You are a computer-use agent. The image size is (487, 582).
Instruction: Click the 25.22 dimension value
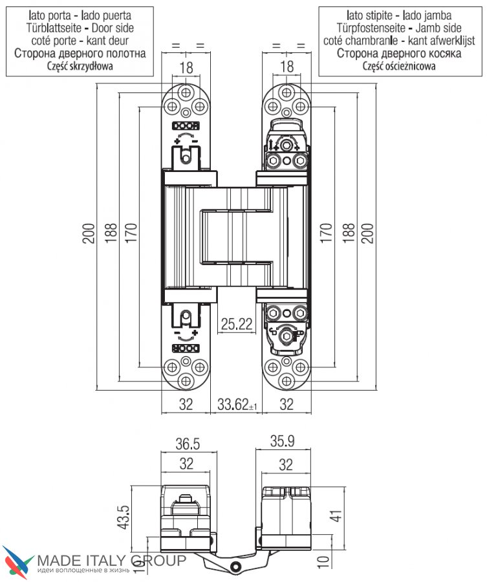point(237,324)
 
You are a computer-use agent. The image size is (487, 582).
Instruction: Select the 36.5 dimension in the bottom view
point(188,444)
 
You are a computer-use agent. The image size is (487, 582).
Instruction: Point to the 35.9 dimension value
point(282,441)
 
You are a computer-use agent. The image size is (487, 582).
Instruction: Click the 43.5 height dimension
point(124,517)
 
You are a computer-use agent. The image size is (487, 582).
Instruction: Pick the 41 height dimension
point(336,516)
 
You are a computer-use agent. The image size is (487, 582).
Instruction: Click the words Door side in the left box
point(113,28)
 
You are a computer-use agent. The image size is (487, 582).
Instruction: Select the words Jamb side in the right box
point(438,28)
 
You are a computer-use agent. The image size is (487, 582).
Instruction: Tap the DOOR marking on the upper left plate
point(186,126)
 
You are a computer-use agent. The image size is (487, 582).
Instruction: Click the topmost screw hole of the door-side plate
point(186,92)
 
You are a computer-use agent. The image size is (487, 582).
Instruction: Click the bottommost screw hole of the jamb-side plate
point(287,381)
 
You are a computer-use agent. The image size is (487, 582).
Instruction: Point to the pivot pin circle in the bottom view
point(234,566)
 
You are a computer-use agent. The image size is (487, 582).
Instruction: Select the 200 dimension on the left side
point(89,233)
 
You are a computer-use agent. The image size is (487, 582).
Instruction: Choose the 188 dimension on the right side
point(348,233)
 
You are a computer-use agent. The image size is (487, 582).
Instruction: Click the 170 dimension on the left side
point(131,233)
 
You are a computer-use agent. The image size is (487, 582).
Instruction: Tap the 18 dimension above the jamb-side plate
point(287,67)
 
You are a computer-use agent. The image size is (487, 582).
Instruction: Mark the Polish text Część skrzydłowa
point(80,67)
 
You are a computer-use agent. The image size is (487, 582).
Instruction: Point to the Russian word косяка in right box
point(441,54)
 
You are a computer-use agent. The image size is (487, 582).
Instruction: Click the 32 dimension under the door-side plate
point(186,404)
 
